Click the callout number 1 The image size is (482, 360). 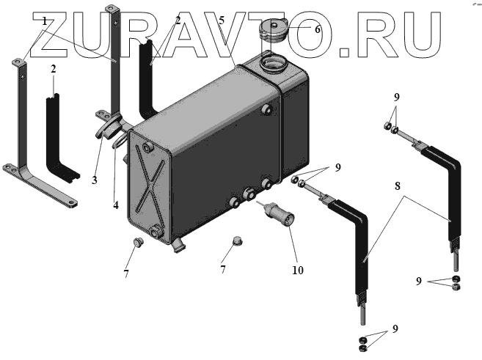point(44,21)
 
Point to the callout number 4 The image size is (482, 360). point(115,205)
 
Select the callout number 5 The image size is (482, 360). point(220,22)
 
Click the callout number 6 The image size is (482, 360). point(317,30)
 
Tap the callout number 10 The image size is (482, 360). point(297,270)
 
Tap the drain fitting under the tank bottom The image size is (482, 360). point(178,248)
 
